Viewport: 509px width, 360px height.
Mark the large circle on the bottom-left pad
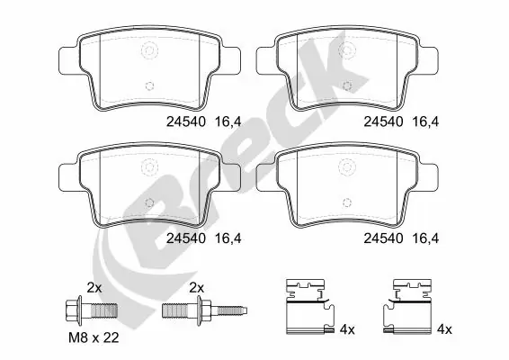(147, 166)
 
